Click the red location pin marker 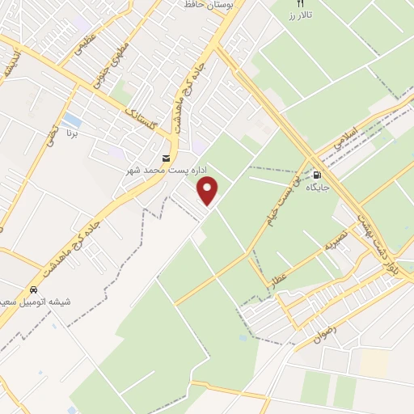point(209,192)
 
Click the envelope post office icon point(167,158)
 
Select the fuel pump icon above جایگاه point(317,174)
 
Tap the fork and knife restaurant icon point(301,4)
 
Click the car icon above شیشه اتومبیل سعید point(34,289)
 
